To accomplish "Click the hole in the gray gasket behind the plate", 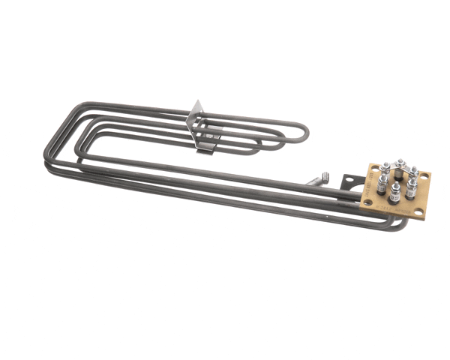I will [349, 180].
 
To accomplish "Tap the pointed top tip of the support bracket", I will [196, 102].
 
